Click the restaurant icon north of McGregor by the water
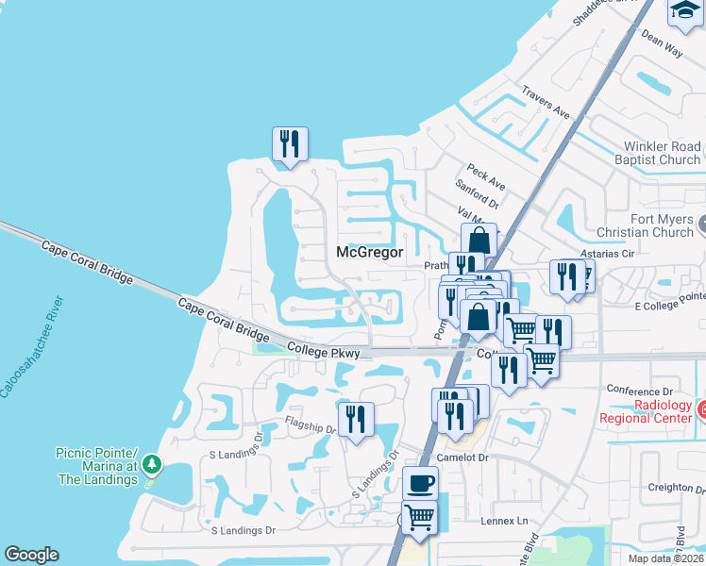pyautogui.click(x=290, y=144)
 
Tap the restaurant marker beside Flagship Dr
pyautogui.click(x=356, y=420)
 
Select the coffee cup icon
pyautogui.click(x=420, y=484)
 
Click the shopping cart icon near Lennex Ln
pyautogui.click(x=420, y=516)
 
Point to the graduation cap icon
pyautogui.click(x=685, y=10)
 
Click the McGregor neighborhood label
pyautogui.click(x=370, y=252)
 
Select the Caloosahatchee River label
pyautogui.click(x=34, y=346)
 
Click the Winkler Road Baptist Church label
pyautogui.click(x=662, y=154)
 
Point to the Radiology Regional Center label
pyautogui.click(x=644, y=411)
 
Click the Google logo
pyautogui.click(x=31, y=555)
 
